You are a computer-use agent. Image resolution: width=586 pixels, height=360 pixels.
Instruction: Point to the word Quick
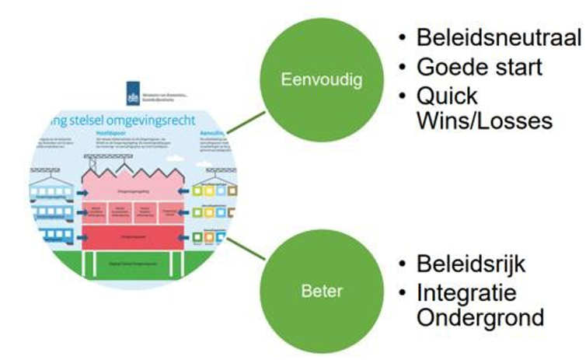448,96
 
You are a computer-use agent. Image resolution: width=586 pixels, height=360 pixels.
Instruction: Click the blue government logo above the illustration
131,97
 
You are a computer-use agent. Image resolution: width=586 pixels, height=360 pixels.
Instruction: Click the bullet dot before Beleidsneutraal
402,39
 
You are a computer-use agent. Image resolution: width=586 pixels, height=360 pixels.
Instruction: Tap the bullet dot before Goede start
402,68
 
